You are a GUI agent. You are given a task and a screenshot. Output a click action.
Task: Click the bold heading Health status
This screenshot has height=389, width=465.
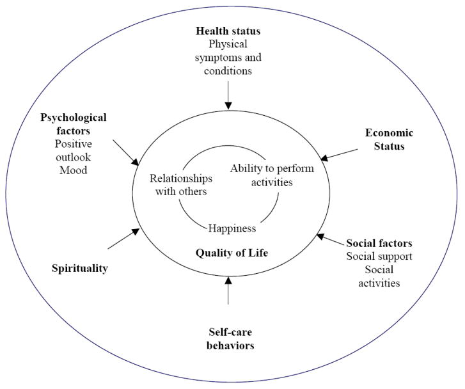(x=228, y=31)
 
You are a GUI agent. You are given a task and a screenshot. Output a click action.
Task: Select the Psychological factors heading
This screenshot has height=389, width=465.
(x=74, y=123)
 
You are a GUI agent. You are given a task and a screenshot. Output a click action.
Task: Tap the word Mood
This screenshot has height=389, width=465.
(x=73, y=171)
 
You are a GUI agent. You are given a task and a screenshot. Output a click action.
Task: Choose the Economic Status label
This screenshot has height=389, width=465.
(x=389, y=139)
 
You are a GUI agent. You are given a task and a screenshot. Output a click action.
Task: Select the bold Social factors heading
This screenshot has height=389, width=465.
(x=379, y=243)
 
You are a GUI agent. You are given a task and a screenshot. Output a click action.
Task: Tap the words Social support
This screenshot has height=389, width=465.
(x=379, y=257)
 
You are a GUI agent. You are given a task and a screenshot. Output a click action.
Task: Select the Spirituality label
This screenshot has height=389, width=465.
(x=79, y=268)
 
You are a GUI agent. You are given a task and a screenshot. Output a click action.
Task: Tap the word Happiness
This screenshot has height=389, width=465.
(x=232, y=228)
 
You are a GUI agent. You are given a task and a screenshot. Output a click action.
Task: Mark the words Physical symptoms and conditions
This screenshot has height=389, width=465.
(x=228, y=58)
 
